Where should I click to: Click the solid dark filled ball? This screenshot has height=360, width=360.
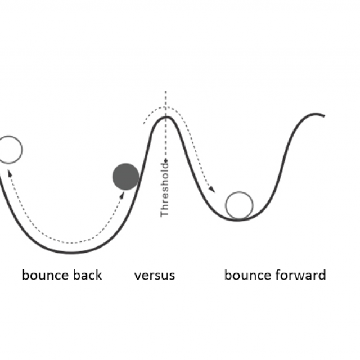click(125, 177)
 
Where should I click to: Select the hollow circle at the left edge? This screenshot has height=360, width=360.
click(9, 150)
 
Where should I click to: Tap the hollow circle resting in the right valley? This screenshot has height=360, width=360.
click(239, 205)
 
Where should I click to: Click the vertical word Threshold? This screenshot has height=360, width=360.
click(165, 190)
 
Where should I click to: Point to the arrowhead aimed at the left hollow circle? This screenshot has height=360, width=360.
click(10, 173)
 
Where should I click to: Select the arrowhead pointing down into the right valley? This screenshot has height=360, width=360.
click(212, 189)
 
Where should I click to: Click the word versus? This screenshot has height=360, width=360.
click(155, 276)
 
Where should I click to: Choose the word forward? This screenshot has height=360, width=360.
click(301, 275)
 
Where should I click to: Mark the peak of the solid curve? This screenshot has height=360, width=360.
click(167, 118)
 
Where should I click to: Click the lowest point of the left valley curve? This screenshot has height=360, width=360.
click(71, 253)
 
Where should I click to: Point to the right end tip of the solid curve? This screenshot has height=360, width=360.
click(324, 116)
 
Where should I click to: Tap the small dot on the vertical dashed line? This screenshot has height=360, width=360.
click(166, 160)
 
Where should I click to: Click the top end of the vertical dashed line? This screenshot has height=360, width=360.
click(166, 91)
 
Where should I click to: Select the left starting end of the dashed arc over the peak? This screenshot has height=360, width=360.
click(144, 124)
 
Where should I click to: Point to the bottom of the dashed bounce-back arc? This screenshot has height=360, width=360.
click(71, 242)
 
